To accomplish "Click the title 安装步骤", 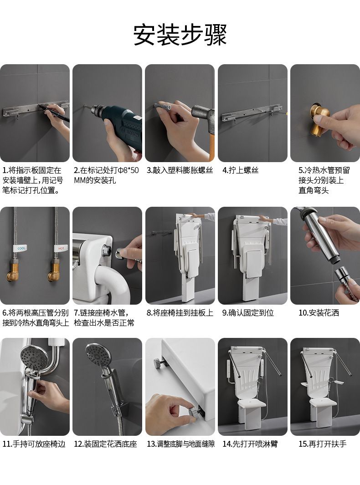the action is pos(180,35).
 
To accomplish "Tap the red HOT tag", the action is pos(61,248).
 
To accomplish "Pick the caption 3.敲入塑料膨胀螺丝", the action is pos(180,170).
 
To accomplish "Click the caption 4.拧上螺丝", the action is pos(240,170).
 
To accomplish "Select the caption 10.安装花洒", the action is pos(319,313).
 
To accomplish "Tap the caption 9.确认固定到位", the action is pos(248,313).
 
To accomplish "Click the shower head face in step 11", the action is pos(34,356).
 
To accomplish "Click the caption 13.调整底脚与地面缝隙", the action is pos(180,444).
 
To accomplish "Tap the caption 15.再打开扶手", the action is pos(322,444).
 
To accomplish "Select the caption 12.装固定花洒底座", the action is pos(105,444).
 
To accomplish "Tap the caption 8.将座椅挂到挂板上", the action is pos(180,313).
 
